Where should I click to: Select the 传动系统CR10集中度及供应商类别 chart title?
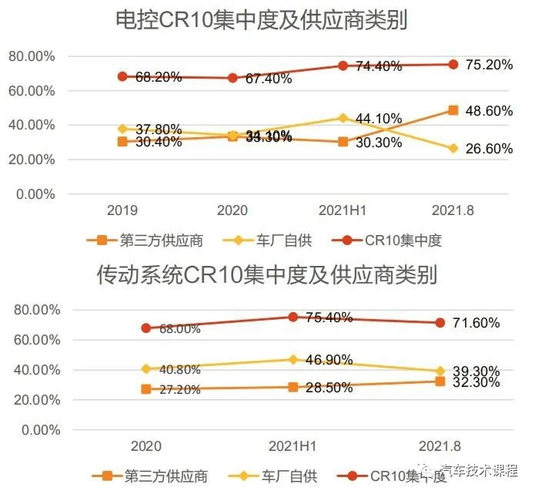click(x=267, y=274)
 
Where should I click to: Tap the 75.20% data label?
click(x=490, y=65)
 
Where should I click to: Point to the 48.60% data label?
click(x=490, y=111)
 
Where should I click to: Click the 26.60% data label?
click(x=490, y=150)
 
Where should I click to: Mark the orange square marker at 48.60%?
click(x=453, y=110)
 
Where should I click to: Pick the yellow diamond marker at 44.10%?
click(x=343, y=118)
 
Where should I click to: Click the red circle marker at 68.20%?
click(x=122, y=76)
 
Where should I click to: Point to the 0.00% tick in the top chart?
click(x=35, y=194)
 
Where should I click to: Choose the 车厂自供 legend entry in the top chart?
click(x=283, y=240)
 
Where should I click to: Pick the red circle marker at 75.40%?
click(x=293, y=317)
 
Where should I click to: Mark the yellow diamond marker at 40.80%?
click(x=146, y=368)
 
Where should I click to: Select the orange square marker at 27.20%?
click(x=146, y=389)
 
